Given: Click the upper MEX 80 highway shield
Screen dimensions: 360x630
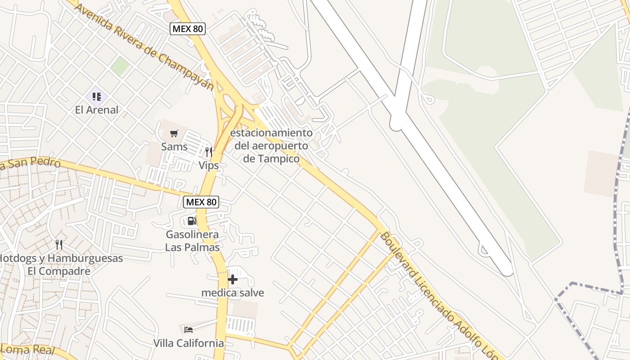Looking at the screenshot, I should pos(188,29).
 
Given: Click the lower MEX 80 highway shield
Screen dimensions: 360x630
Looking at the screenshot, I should pos(201,202).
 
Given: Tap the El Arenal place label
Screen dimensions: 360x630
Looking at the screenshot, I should pos(97,110).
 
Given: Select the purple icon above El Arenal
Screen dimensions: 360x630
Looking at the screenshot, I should pos(97,96).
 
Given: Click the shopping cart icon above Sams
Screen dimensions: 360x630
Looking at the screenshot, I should pos(174,133).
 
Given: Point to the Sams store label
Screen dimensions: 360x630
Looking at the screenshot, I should pos(174,147).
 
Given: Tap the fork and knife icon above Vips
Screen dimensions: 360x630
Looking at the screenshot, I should pos(208,152).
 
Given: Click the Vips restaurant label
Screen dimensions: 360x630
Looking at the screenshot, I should pos(209,166).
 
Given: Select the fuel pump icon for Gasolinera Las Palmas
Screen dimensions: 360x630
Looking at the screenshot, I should pos(192,221).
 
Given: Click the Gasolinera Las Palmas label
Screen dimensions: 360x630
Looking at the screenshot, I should pos(192,241).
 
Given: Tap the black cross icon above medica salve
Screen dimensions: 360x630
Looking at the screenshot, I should pos(232,279).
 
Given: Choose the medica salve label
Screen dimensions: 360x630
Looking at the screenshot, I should pos(233,293).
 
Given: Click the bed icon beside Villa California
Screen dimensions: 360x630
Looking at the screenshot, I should pos(189,330).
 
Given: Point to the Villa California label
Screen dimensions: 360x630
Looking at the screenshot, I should pos(189,343).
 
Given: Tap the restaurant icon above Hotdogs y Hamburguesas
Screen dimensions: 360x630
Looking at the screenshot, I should pos(59,245).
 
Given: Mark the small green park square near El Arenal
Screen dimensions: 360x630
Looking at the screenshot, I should pos(120,66).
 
